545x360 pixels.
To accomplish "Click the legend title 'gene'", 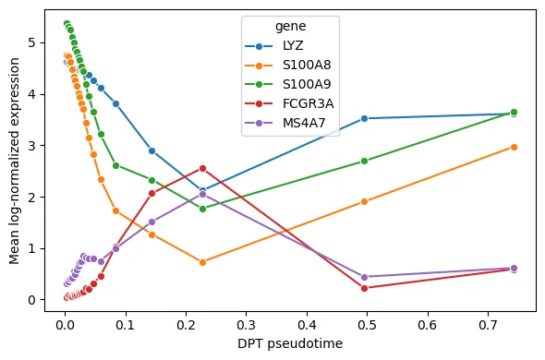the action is point(291,27).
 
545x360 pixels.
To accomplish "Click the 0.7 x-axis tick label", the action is point(489,325).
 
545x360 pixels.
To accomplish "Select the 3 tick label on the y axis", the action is point(32,146).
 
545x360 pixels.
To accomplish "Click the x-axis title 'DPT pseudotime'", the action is point(290,343).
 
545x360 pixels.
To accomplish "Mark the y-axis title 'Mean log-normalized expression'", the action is point(14,161).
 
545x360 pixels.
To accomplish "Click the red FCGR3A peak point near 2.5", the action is point(202,169).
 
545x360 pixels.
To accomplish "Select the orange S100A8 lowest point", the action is point(202,262).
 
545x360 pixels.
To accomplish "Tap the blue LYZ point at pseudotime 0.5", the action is point(364,118).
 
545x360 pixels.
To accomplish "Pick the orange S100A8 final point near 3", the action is point(515,148).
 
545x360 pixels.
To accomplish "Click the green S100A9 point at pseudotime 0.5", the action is point(364,161).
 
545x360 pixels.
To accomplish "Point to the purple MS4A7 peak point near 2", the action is point(202,194).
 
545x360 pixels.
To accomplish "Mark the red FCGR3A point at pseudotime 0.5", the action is point(364,288).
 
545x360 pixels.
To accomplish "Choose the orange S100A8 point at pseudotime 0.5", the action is point(364,201).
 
